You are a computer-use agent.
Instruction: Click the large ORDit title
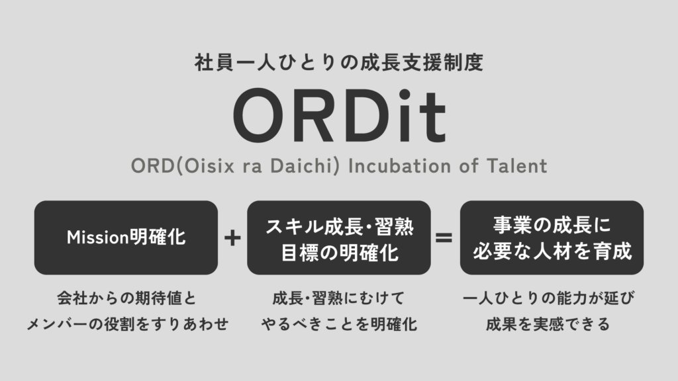coord(340,116)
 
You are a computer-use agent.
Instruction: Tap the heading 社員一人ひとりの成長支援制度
coord(339,62)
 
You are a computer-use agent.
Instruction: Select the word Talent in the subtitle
coord(517,166)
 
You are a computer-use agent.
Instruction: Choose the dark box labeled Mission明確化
coord(126,237)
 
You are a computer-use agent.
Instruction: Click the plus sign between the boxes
coord(232,238)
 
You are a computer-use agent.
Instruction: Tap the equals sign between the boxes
coord(444,237)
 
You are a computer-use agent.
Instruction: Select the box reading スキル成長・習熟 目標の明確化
coord(339,237)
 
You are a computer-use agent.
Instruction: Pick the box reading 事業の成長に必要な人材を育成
coord(552,237)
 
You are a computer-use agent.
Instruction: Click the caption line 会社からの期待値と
coord(126,298)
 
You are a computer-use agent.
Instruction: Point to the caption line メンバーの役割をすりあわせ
coord(128,324)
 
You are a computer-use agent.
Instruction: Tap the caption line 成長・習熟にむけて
coord(338,298)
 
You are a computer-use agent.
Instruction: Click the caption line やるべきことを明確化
coord(339,324)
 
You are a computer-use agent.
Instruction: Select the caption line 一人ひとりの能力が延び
coord(549,298)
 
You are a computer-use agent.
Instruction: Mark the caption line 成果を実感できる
coord(548,324)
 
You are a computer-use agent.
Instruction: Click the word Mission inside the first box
coord(98,237)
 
